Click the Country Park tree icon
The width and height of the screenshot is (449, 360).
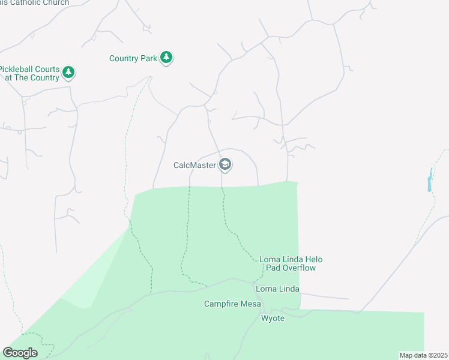click(x=167, y=58)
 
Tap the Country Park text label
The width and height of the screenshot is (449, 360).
click(x=133, y=58)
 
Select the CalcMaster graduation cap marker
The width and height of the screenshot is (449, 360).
click(x=225, y=164)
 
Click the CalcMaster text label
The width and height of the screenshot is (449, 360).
click(x=194, y=165)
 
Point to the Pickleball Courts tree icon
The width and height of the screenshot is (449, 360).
click(x=69, y=73)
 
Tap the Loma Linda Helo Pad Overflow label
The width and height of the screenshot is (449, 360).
click(x=291, y=263)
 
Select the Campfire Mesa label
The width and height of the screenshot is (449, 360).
click(x=232, y=304)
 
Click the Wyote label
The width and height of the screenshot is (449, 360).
click(x=273, y=318)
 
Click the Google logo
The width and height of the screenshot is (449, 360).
click(x=20, y=353)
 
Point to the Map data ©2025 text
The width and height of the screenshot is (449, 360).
click(x=423, y=355)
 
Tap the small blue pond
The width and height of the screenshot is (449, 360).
click(x=430, y=179)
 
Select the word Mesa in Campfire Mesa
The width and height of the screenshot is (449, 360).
click(x=250, y=304)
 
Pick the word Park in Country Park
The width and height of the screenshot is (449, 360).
click(x=149, y=58)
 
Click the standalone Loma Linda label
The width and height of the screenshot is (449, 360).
click(x=277, y=289)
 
